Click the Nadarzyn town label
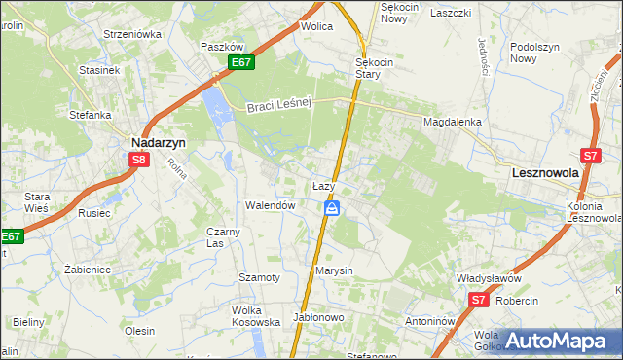click(159, 141)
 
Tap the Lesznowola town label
click(545, 171)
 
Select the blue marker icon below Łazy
click(332, 208)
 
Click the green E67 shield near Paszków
click(242, 63)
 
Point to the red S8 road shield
click(140, 160)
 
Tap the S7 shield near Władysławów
click(478, 301)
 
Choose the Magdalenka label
click(453, 122)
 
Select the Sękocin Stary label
click(374, 67)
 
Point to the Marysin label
click(334, 270)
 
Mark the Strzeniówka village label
click(132, 34)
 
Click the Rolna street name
click(175, 171)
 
